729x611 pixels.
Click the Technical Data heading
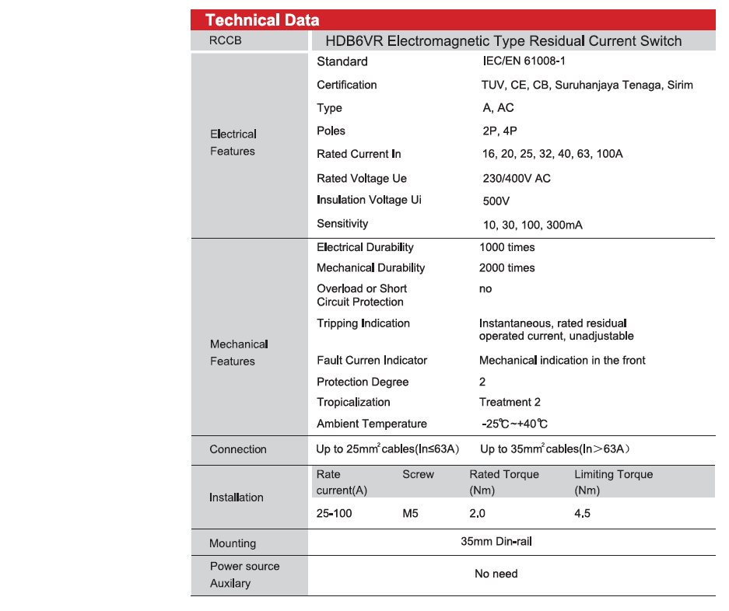point(261,20)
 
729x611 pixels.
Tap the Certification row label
point(346,85)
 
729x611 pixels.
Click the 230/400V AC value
point(516,178)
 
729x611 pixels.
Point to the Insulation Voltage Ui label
point(369,200)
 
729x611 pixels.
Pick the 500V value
point(496,201)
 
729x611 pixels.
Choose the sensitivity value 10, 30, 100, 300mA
point(532,225)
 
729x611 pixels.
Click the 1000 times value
point(506,247)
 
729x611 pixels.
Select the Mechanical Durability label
point(370,267)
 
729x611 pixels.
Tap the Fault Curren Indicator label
point(371,360)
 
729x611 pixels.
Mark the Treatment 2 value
point(509,402)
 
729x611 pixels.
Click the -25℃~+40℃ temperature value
point(514,424)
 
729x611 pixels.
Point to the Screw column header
point(418,474)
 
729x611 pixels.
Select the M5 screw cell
point(410,513)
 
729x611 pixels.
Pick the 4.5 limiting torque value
point(582,513)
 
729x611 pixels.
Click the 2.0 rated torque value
point(477,513)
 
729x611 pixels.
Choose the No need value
point(496,574)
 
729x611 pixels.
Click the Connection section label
point(237,449)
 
